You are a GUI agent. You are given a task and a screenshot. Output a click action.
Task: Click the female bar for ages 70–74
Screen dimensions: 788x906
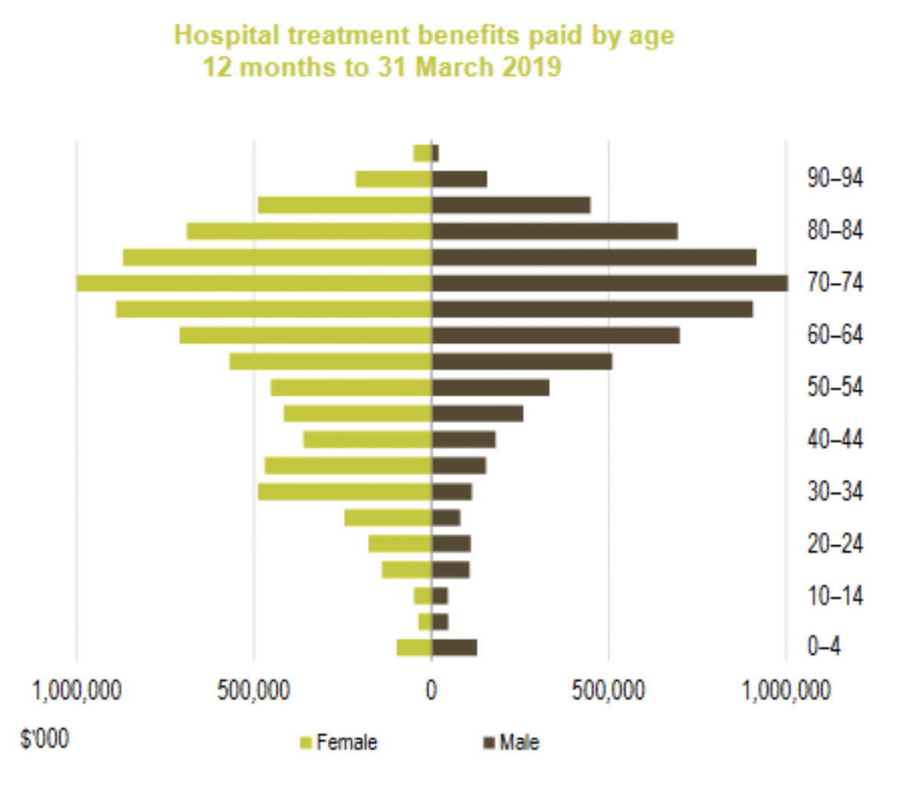pos(254,283)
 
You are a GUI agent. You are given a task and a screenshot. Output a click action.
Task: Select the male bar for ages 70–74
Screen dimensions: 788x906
pos(609,283)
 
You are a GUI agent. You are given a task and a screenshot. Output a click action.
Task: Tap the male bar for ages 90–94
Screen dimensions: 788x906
pos(459,179)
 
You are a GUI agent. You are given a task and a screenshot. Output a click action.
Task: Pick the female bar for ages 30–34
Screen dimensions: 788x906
pos(344,492)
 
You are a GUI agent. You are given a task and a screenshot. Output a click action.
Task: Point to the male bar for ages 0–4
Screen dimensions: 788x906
pos(454,647)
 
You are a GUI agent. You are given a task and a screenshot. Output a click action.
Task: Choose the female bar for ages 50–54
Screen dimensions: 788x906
pos(351,388)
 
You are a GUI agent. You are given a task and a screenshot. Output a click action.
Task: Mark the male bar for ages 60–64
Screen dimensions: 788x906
pos(556,335)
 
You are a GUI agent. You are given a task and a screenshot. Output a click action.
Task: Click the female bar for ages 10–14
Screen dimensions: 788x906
pos(423,596)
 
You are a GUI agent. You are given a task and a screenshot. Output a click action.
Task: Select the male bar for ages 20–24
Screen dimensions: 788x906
pos(451,544)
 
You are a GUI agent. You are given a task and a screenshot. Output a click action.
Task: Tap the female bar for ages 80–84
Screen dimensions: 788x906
pos(310,231)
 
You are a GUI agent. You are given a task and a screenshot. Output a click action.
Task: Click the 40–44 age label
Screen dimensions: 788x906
pos(835,439)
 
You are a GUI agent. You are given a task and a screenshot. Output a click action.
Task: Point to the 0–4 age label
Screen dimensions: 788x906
pos(824,647)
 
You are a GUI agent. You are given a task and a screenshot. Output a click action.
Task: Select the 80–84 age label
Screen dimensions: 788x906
pos(835,230)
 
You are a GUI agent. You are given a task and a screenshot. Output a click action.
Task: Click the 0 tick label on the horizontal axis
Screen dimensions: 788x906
pos(431,691)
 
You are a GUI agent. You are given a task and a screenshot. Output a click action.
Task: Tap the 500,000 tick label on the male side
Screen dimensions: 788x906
pos(609,691)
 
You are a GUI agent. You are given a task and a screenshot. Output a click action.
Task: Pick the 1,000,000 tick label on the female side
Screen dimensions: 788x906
pos(77,691)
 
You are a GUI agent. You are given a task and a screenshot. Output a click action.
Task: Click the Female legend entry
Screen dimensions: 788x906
pos(339,743)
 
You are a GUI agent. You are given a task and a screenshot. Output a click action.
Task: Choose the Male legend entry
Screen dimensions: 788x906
pos(512,743)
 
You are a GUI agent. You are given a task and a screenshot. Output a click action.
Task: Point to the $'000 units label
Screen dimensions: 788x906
pos(45,738)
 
